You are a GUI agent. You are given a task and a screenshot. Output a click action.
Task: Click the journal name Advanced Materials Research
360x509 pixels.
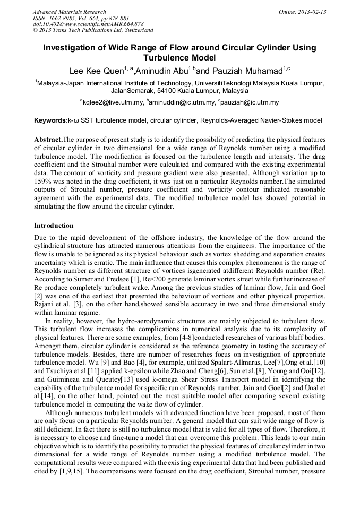coord(69,12)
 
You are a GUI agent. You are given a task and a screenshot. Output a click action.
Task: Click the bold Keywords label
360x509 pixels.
coord(50,121)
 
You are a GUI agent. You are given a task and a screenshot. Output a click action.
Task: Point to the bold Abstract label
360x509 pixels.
coord(48,139)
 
